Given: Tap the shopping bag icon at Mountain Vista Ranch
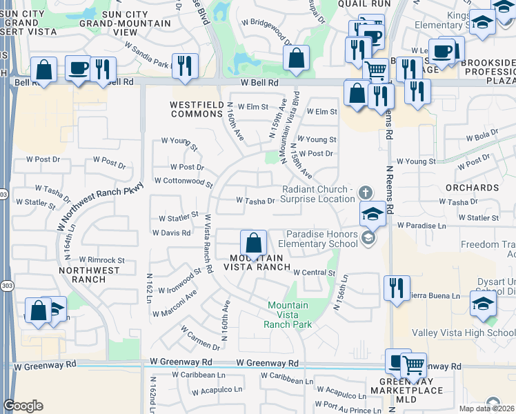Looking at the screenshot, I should [253, 243].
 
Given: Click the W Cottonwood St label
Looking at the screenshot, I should [183, 181].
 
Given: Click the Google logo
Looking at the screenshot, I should [23, 406].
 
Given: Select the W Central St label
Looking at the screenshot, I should [313, 273].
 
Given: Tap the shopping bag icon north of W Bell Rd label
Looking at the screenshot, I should [296, 59].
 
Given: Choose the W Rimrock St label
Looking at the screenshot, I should [101, 260].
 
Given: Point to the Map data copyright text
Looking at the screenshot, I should [486, 408].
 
